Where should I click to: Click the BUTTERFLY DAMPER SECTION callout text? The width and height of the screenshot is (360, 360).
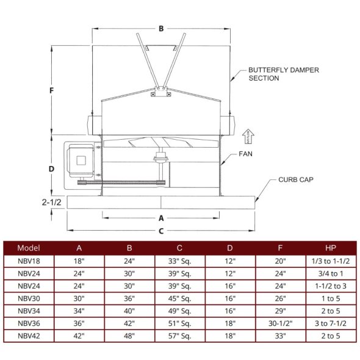(283, 74)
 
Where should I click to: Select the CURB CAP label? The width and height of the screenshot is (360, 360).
(297, 180)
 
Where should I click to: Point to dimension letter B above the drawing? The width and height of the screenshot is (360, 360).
(161, 28)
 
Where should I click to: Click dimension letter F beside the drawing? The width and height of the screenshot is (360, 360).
(52, 90)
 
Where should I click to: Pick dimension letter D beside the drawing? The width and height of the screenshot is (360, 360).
(52, 168)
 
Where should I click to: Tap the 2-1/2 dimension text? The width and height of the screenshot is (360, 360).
(52, 202)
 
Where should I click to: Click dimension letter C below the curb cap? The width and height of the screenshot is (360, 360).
(161, 231)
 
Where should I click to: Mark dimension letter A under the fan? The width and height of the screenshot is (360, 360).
(161, 217)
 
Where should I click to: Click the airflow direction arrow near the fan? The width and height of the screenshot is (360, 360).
(247, 135)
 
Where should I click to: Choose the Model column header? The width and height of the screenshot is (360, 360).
(29, 248)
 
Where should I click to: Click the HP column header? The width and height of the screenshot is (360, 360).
(330, 248)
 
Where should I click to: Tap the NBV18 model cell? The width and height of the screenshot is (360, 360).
(29, 261)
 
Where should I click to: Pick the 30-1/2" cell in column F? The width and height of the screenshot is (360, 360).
(280, 323)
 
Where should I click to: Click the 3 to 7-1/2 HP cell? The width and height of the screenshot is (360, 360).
(330, 323)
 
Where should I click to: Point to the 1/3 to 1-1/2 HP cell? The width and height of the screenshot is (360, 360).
(330, 261)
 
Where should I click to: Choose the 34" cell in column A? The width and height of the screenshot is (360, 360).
(79, 311)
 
